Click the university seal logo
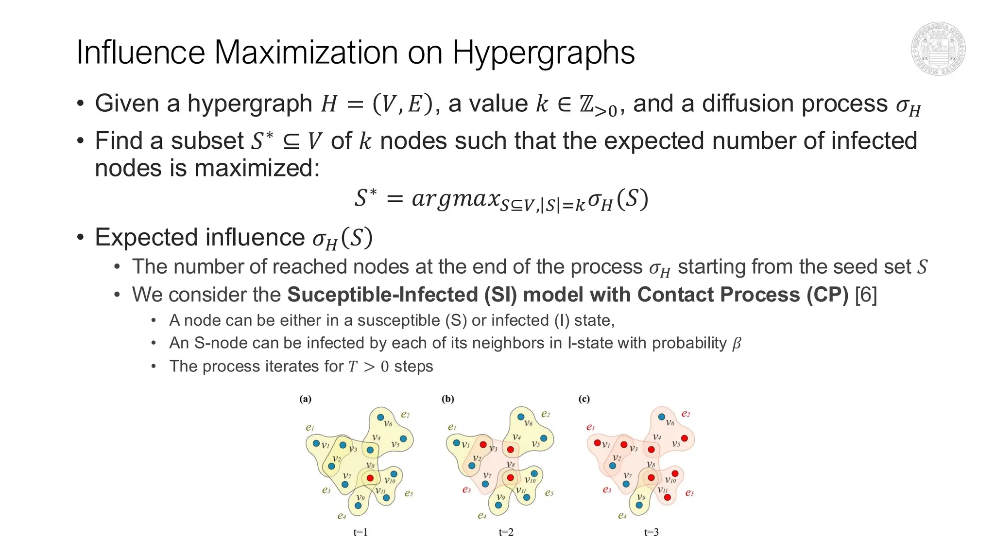(938, 49)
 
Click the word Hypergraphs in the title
(543, 52)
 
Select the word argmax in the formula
(456, 199)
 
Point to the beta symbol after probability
(737, 344)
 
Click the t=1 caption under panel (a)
(360, 532)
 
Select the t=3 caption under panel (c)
(652, 532)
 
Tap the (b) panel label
(447, 399)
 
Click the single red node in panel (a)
(370, 478)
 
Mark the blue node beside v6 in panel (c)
(661, 417)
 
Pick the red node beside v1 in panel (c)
(597, 443)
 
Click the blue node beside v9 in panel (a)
(358, 506)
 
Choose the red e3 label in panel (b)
(466, 490)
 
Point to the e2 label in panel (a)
(405, 415)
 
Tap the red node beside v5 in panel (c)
(685, 438)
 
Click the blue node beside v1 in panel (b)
(456, 443)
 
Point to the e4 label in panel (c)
(622, 515)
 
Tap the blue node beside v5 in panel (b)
(544, 438)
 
